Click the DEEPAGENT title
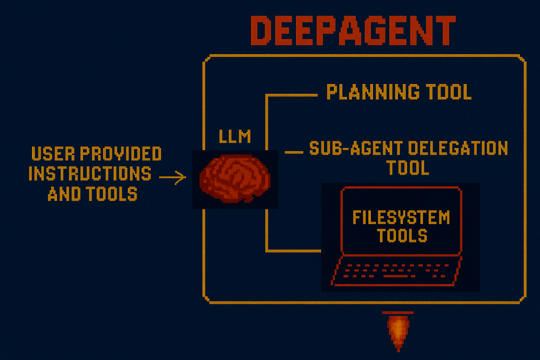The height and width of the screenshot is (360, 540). click(352, 31)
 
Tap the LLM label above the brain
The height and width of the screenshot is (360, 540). click(235, 136)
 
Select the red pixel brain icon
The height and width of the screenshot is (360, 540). click(234, 178)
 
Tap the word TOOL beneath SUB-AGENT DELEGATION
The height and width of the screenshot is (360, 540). click(408, 167)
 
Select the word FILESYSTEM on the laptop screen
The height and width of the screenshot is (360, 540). click(401, 217)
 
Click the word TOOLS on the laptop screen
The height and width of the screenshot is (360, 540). click(402, 235)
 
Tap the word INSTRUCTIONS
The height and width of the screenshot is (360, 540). click(90, 173)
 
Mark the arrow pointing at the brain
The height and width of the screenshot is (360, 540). click(172, 177)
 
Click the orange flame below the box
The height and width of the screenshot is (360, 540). click(397, 330)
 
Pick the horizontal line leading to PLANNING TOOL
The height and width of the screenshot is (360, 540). click(292, 94)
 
